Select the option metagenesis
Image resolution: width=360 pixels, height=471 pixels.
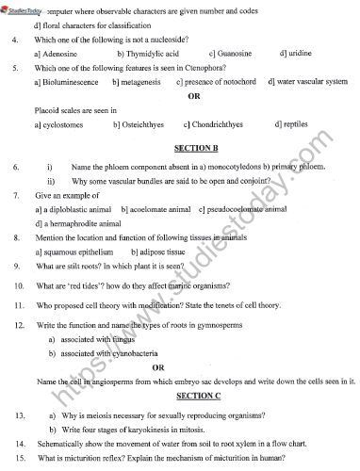[x=142, y=83]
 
